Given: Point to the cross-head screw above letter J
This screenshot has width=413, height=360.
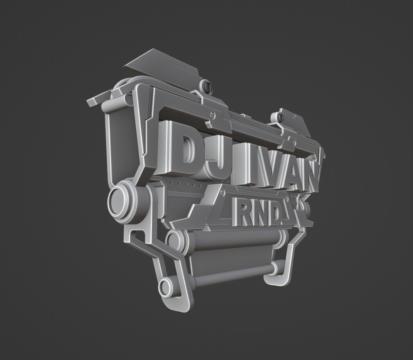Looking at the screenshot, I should pos(212,115).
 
